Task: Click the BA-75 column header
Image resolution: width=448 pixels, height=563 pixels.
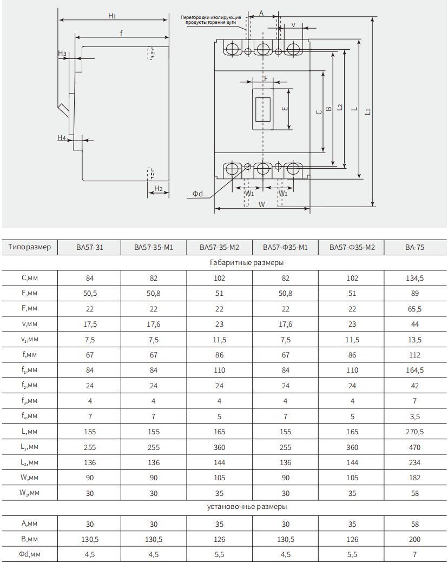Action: (414, 248)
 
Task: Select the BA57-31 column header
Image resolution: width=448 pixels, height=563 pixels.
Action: (90, 248)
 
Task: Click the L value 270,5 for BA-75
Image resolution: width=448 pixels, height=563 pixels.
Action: (414, 432)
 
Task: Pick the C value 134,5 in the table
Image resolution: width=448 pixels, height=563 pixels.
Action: (414, 279)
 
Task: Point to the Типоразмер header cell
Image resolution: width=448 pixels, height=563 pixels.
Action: (30, 247)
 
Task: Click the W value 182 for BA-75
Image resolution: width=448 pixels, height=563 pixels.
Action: (414, 478)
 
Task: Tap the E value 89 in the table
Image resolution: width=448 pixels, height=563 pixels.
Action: (414, 294)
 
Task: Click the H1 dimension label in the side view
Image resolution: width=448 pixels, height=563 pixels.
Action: (112, 16)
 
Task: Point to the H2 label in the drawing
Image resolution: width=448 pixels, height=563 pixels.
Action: (158, 189)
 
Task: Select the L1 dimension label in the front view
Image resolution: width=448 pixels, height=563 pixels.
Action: (368, 111)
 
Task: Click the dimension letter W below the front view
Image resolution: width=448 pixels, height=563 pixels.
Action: (261, 204)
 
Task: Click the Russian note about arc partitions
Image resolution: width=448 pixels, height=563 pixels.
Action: (210, 20)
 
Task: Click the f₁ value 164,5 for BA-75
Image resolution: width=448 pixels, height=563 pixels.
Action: (414, 370)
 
